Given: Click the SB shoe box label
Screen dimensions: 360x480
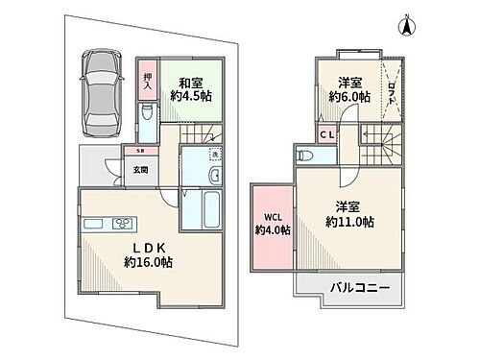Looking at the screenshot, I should [x=140, y=152].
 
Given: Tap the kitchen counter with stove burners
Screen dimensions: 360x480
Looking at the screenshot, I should [x=108, y=225].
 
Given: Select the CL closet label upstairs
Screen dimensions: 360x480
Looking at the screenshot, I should [x=327, y=134].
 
